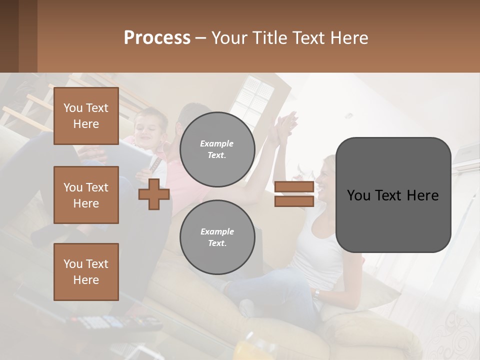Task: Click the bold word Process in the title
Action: [x=157, y=38]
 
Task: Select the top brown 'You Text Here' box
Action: [x=86, y=116]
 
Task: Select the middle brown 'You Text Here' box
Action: [x=86, y=195]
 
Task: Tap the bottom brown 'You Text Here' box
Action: [x=86, y=271]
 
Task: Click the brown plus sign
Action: [x=154, y=194]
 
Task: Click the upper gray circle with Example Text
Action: [x=217, y=149]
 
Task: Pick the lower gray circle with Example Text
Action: [x=217, y=237]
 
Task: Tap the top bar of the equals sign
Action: [x=294, y=187]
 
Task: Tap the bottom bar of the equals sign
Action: [x=294, y=201]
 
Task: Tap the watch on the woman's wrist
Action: [x=316, y=293]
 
